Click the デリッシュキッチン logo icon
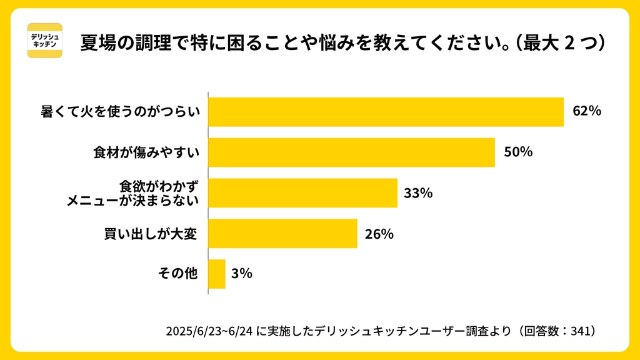point(45,41)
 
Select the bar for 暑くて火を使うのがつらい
point(386,112)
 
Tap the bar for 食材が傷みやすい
point(351,152)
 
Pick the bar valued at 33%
point(302,193)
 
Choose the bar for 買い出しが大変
point(282,234)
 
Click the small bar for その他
point(216,274)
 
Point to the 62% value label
point(587,111)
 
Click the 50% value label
point(518,152)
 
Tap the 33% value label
point(418,193)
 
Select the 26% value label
point(379,234)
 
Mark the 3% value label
point(241,273)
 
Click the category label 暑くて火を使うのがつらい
point(120,112)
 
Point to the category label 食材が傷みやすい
point(146,152)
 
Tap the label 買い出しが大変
point(151,234)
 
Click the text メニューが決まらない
point(133,201)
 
